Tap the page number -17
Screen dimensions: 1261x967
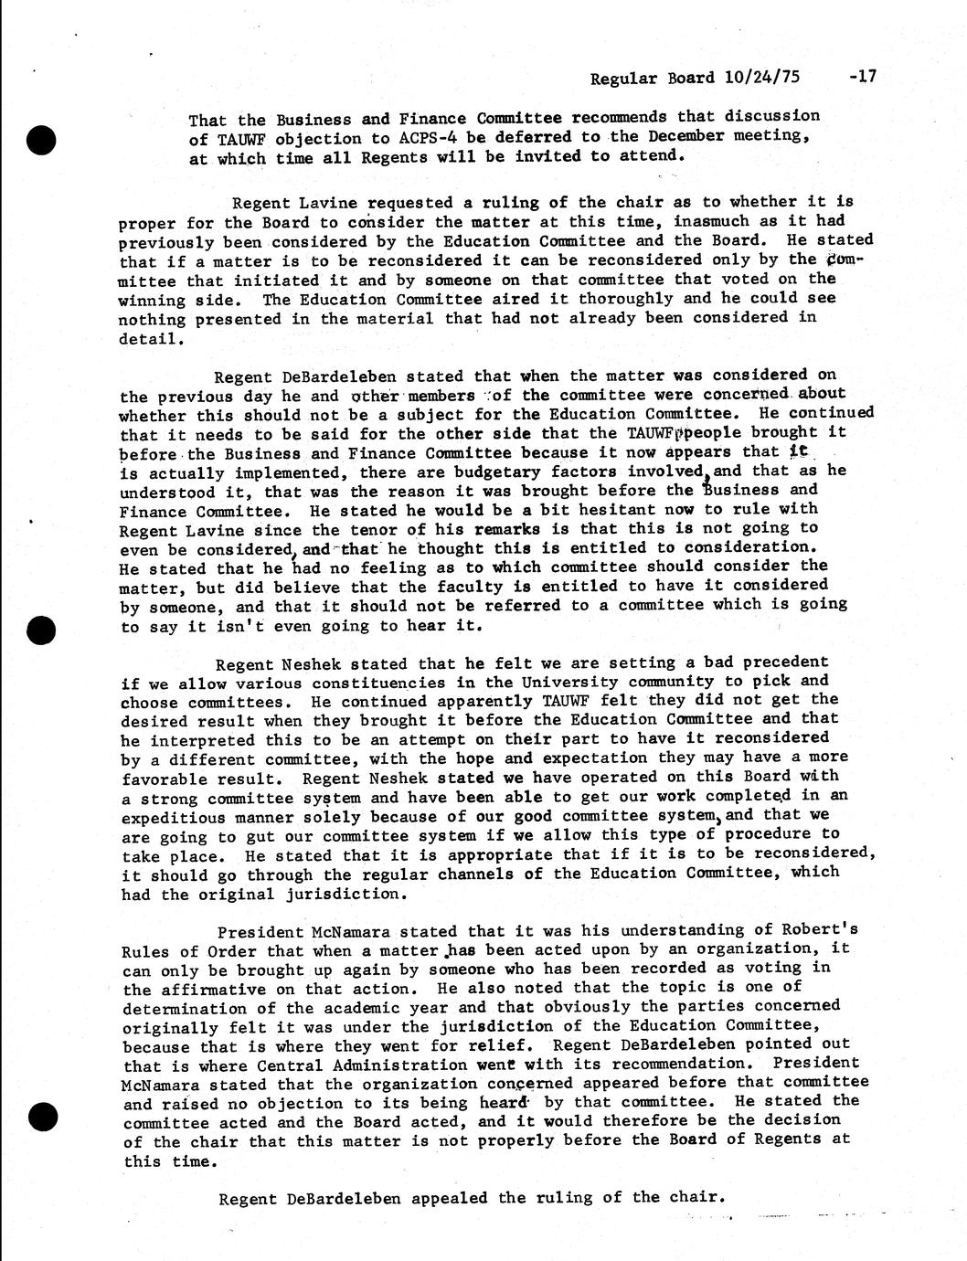click(x=862, y=77)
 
